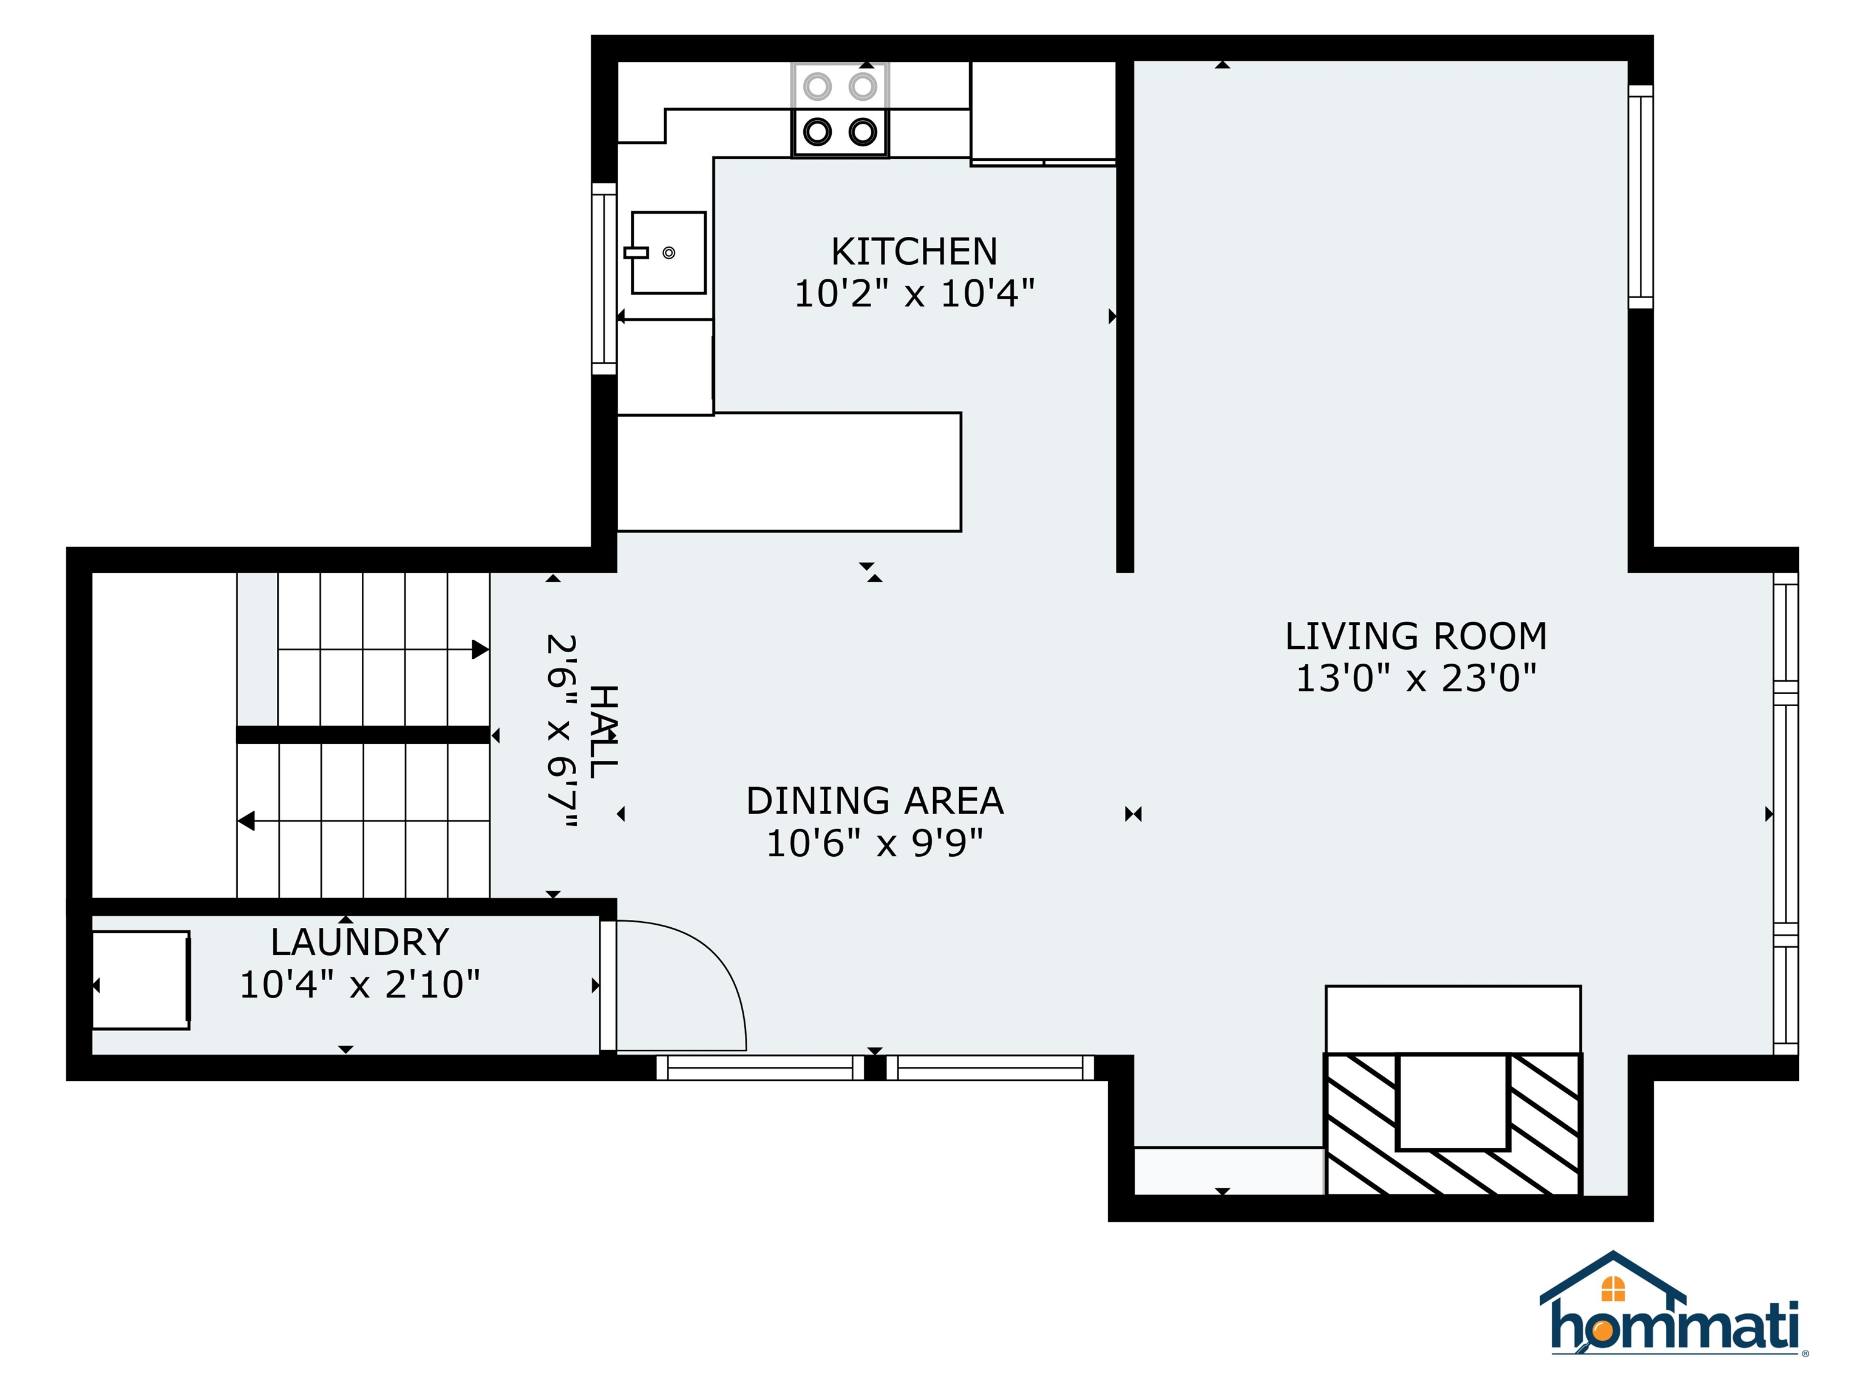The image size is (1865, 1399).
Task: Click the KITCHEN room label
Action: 914,251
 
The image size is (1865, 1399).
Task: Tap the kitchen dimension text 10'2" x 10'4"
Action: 914,293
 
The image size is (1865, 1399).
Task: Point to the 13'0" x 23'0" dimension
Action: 1416,678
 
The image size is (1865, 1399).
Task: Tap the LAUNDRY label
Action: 360,942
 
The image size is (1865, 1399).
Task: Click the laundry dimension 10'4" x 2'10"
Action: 360,984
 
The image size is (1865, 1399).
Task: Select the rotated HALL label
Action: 603,731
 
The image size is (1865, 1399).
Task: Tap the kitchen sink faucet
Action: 636,252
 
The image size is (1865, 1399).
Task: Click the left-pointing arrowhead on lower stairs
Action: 246,820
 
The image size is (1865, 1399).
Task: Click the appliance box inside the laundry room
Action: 141,980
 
